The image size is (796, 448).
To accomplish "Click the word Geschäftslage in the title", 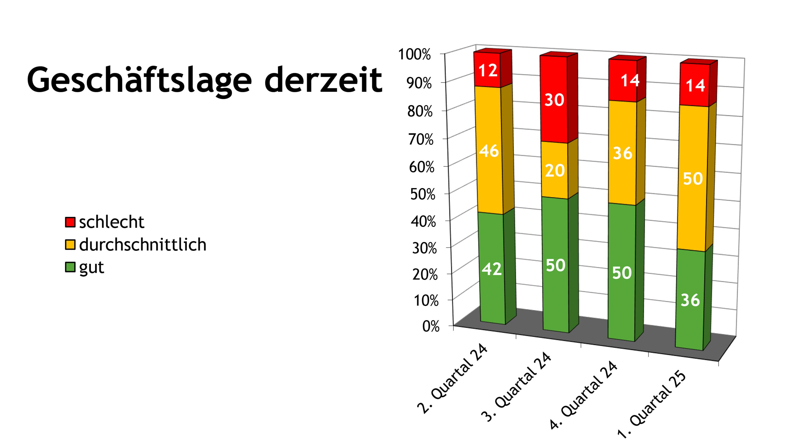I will [x=139, y=80].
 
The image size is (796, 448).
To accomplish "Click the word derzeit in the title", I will [x=323, y=80].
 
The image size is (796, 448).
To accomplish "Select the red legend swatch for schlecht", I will [x=70, y=222].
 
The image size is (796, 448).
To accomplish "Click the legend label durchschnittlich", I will [x=143, y=245].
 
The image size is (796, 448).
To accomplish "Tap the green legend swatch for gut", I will [x=70, y=267].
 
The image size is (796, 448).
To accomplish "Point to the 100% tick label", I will [x=414, y=55].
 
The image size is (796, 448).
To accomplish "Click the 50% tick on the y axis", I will [x=422, y=194].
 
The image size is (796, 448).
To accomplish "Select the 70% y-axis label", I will [x=421, y=139].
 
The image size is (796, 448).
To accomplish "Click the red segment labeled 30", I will [x=554, y=100].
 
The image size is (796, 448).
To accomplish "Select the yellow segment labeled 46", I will [x=489, y=151].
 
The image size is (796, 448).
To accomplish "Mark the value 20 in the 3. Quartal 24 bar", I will [x=555, y=170].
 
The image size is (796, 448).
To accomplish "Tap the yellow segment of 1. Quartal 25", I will [x=693, y=178].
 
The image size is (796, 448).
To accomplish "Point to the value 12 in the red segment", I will [x=488, y=70].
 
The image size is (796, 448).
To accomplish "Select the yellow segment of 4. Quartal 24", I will [x=622, y=153].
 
